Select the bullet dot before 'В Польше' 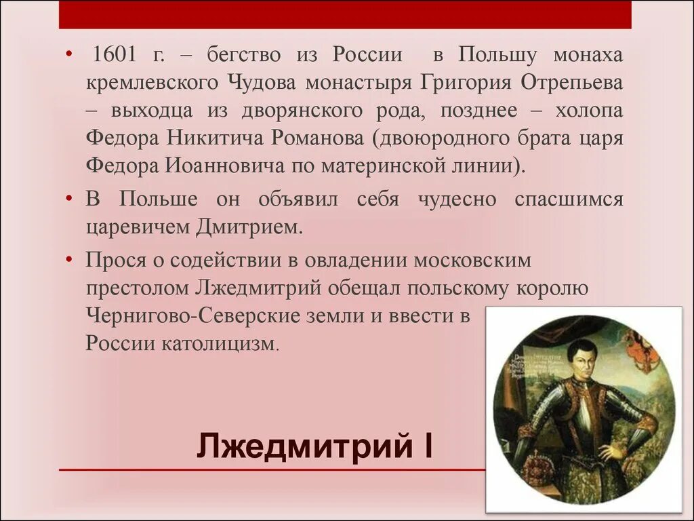tap(69, 199)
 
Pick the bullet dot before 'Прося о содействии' tap(69, 260)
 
